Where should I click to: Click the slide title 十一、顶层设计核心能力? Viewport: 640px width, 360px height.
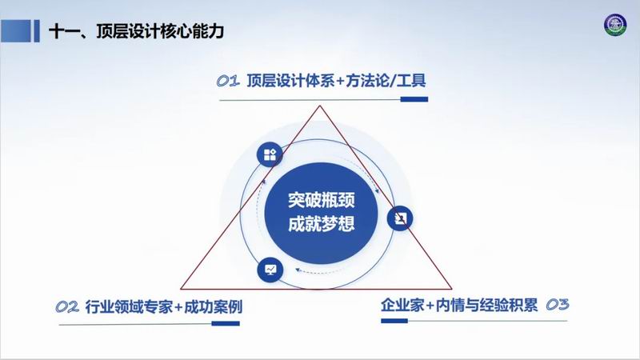136,31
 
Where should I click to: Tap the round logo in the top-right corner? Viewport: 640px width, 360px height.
615,25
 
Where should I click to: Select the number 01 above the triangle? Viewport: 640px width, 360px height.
228,82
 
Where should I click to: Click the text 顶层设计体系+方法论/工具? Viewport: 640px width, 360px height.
336,81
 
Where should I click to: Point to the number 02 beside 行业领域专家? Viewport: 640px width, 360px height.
67,307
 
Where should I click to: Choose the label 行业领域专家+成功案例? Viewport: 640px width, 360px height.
164,306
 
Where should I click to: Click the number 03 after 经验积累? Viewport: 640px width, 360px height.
557,305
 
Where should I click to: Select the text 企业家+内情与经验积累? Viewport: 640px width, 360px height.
459,305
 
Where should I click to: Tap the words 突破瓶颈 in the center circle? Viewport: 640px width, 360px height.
322,200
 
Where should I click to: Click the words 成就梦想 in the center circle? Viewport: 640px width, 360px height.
322,224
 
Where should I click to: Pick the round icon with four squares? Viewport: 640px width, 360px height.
270,154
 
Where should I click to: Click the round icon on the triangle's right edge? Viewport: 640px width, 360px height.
400,218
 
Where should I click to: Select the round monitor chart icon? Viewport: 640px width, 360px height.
270,270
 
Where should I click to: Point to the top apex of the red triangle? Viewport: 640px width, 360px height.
320,106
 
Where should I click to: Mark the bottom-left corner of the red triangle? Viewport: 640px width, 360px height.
181,289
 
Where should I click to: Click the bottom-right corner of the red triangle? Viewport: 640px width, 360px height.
452,289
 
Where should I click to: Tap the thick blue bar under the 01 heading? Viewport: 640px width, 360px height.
414,99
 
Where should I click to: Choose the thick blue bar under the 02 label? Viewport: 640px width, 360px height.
226,324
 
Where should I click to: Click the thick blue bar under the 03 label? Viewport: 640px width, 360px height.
394,321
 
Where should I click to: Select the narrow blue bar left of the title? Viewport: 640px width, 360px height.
37,31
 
